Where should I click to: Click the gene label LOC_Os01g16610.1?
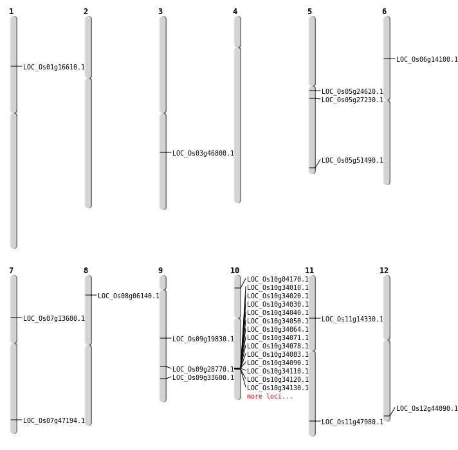(x=54, y=67)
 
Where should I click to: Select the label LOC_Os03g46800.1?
(x=203, y=153)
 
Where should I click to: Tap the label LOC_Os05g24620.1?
(x=353, y=91)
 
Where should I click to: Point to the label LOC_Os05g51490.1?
(x=353, y=160)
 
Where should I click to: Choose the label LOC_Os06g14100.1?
(x=427, y=59)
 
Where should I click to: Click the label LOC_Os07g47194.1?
(x=54, y=420)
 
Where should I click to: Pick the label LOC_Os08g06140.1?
(x=129, y=296)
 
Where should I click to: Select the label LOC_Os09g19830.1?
(x=203, y=339)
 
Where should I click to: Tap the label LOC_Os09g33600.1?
(x=203, y=377)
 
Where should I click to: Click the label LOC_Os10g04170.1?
(x=278, y=279)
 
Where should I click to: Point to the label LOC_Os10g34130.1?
(x=278, y=388)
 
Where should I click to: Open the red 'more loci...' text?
(x=270, y=396)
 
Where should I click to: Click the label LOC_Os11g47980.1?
(x=353, y=422)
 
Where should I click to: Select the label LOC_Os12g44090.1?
(x=427, y=408)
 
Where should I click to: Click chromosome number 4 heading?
(x=235, y=12)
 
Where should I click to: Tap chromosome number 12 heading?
(x=384, y=271)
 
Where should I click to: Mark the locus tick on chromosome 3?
(x=163, y=152)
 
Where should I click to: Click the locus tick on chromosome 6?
(x=387, y=59)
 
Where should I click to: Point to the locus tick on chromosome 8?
(x=88, y=295)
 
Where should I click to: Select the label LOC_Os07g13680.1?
(x=54, y=318)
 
